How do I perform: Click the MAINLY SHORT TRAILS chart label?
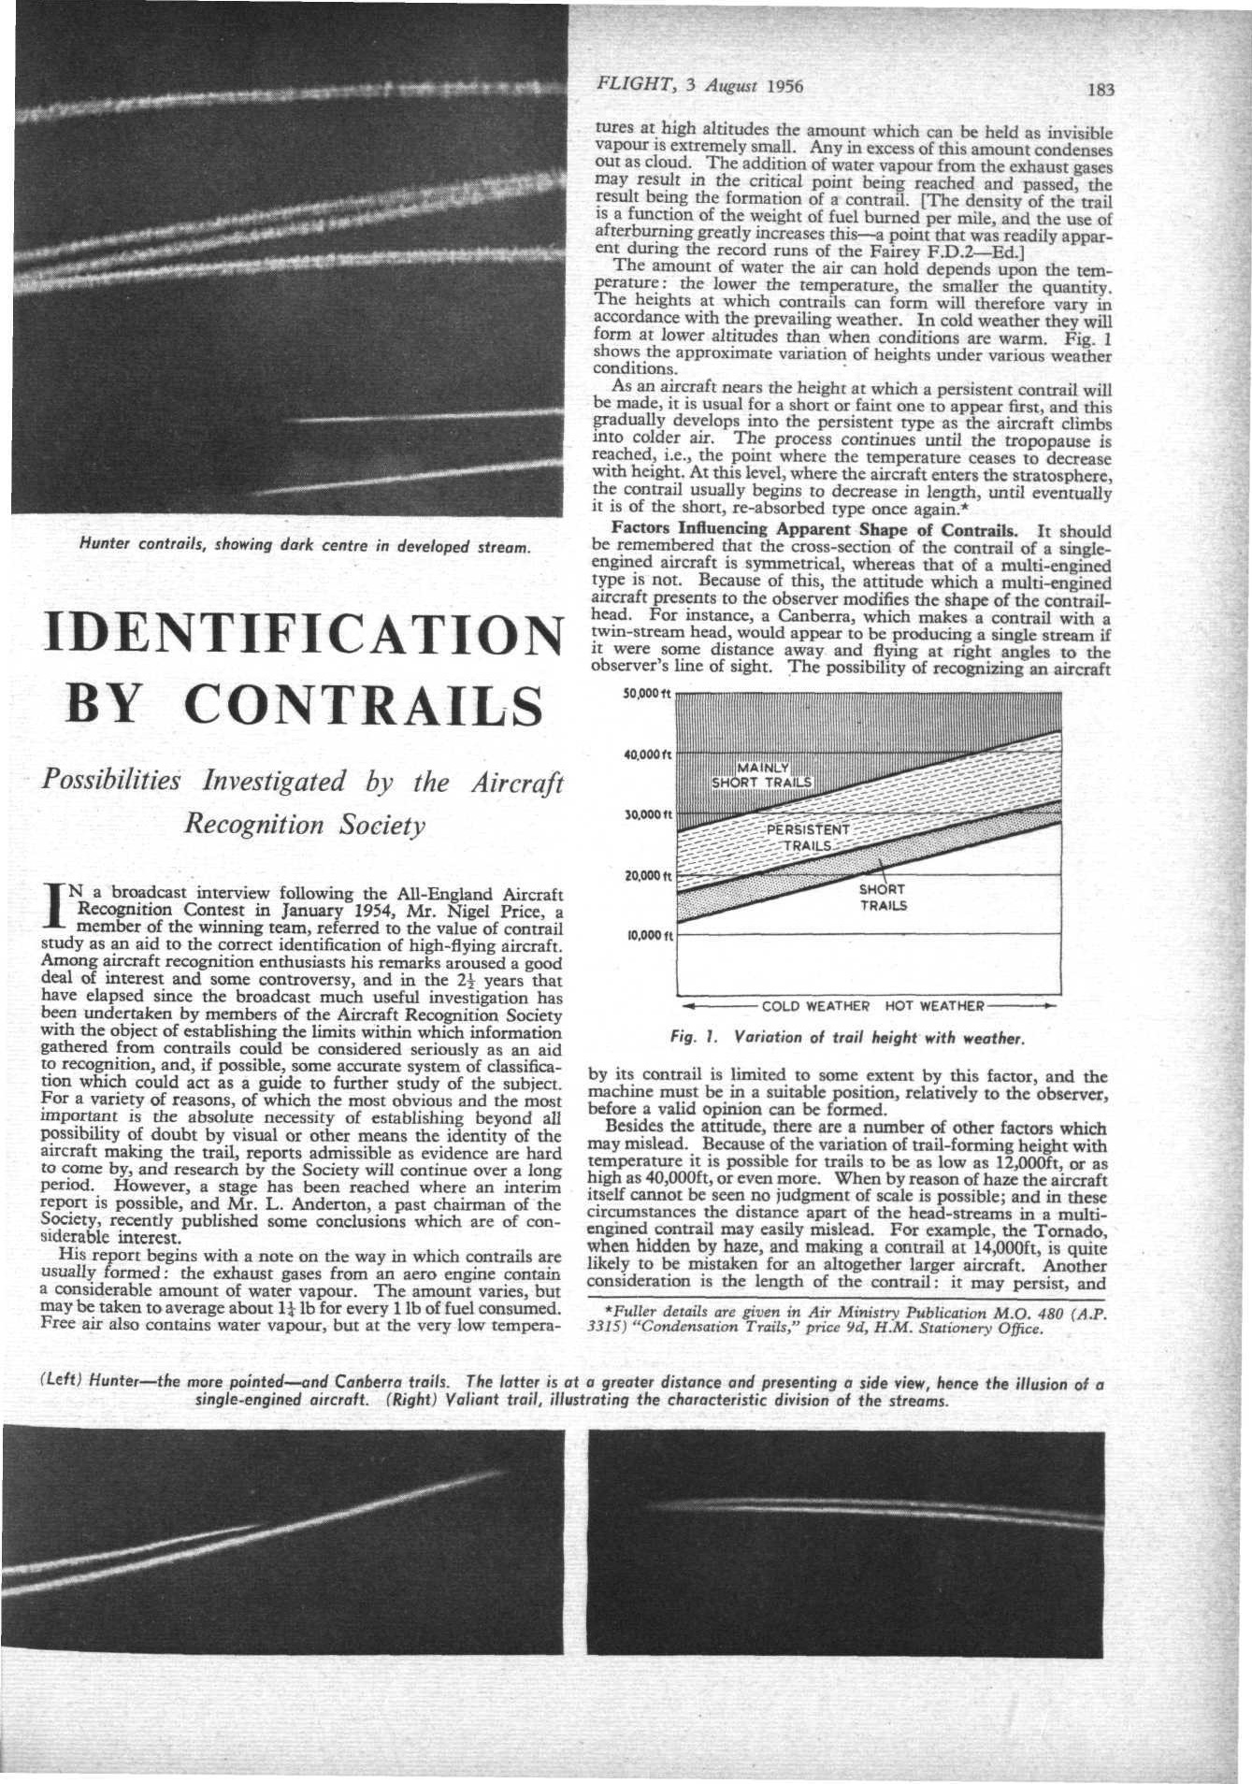pyautogui.click(x=763, y=775)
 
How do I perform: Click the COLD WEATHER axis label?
pyautogui.click(x=816, y=1006)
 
